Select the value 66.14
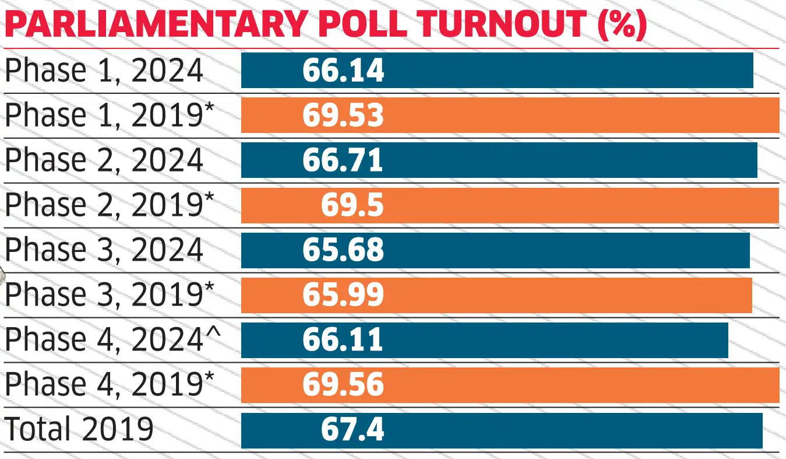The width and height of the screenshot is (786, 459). point(343,71)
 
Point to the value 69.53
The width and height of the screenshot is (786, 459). point(343,115)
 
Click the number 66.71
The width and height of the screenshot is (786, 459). point(343,160)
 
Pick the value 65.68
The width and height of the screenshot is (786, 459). point(343,250)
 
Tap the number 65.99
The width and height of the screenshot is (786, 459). point(343,295)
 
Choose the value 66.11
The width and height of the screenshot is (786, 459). point(343,340)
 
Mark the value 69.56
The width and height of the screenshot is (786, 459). point(343,385)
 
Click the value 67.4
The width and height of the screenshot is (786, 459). point(353,430)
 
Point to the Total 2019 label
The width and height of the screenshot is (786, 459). point(79,430)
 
